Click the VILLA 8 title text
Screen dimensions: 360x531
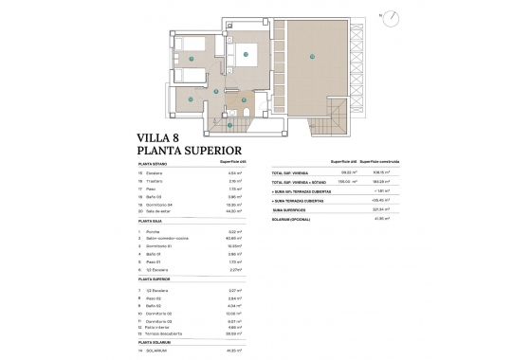coord(163,137)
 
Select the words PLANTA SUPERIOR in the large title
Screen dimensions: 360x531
coord(191,151)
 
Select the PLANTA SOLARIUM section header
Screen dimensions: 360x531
coord(159,341)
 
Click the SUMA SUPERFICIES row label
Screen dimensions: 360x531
coord(289,210)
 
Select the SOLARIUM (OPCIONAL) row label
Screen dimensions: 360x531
coord(291,219)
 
